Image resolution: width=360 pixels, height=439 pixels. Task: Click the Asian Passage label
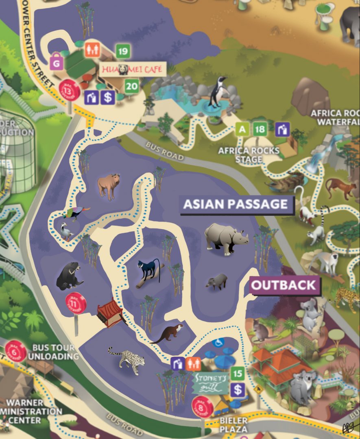click(236, 204)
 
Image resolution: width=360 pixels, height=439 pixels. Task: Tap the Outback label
click(284, 285)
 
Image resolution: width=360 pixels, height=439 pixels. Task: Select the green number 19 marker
click(123, 51)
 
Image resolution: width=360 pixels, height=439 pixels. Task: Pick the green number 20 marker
click(131, 86)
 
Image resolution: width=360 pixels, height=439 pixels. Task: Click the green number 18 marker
click(260, 130)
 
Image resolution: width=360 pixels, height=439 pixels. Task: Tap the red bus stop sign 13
click(70, 90)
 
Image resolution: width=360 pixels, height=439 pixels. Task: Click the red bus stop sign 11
click(76, 303)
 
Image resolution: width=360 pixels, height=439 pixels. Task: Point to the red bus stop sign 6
click(16, 351)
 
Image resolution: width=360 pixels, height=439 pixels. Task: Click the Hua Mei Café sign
click(133, 69)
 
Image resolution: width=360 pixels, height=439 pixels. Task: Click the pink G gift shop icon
click(56, 63)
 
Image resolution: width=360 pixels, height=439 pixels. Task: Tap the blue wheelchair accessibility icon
click(218, 342)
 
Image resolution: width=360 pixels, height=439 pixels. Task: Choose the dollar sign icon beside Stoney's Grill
click(238, 390)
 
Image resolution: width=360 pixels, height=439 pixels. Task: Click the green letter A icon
click(242, 130)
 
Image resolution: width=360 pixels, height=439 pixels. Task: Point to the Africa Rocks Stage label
click(249, 155)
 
